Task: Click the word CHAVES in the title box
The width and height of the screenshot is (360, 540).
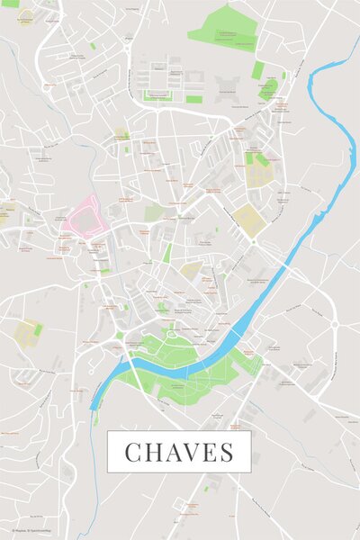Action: pos(179,452)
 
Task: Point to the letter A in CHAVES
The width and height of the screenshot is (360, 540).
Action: pos(175,452)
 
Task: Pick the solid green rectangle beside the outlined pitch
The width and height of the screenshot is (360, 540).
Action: pos(193,99)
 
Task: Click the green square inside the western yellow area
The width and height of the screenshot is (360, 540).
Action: pos(38,330)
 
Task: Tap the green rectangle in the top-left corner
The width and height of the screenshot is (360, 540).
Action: pos(10,4)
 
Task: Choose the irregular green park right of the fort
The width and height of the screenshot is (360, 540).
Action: pos(268,88)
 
